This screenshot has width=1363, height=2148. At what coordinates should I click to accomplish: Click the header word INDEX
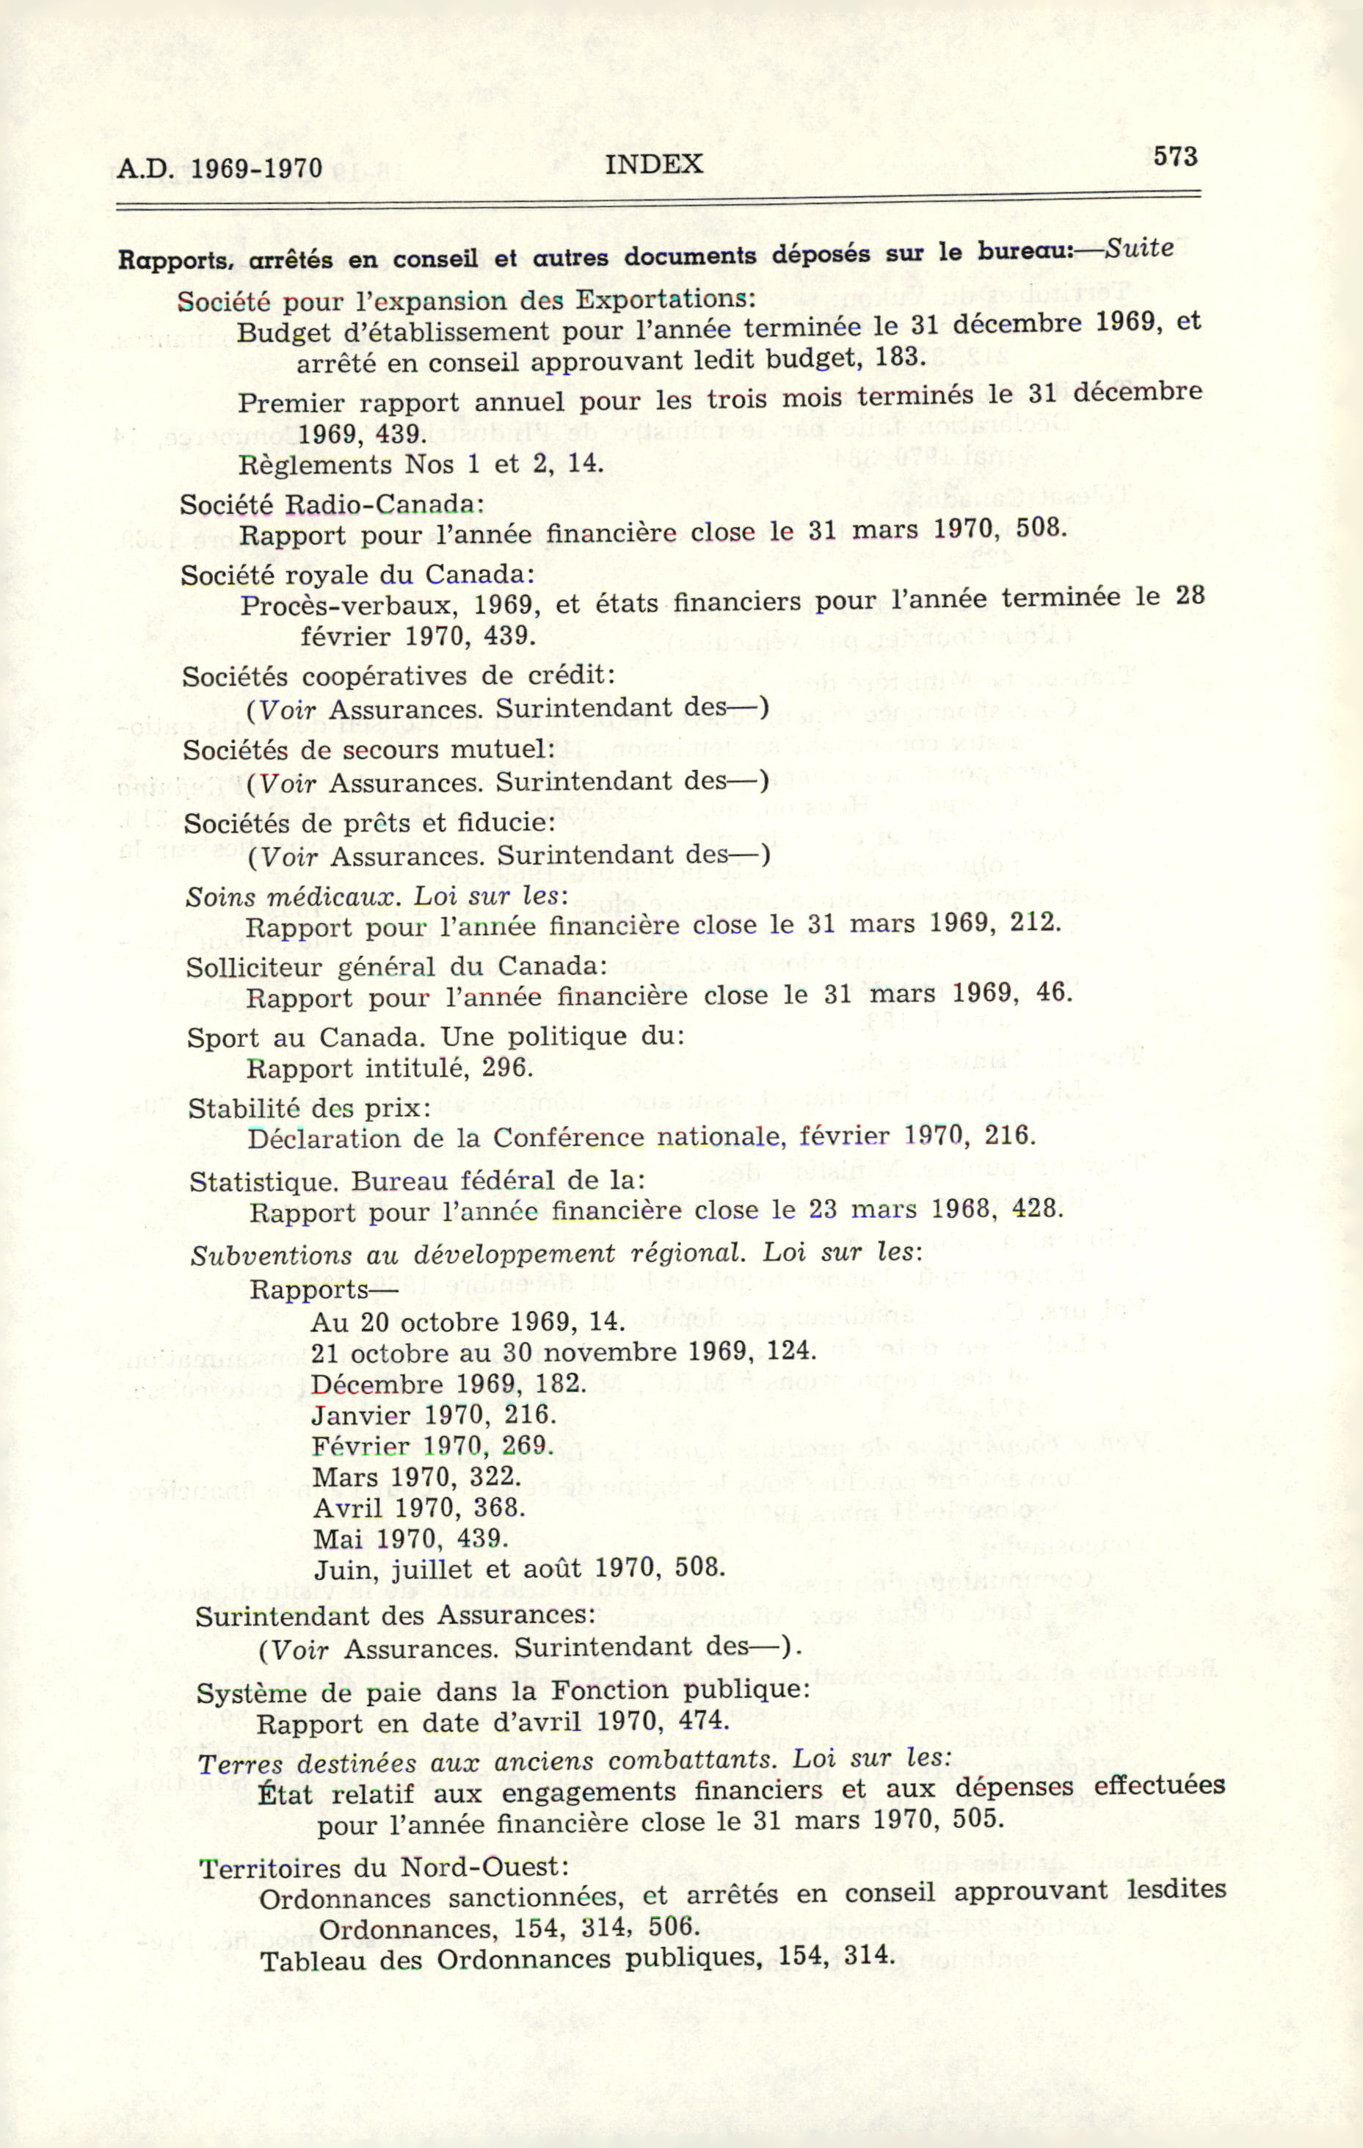pyautogui.click(x=654, y=164)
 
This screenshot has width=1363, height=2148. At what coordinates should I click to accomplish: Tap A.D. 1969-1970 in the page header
pyautogui.click(x=219, y=169)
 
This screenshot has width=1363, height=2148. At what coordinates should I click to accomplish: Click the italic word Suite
pyautogui.click(x=1139, y=249)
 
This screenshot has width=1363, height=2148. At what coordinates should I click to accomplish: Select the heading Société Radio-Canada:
pyautogui.click(x=332, y=505)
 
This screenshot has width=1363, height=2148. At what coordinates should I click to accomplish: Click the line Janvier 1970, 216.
pyautogui.click(x=434, y=1415)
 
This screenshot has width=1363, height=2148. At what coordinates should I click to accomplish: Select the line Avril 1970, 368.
pyautogui.click(x=418, y=1508)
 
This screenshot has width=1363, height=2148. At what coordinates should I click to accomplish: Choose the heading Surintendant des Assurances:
pyautogui.click(x=395, y=1616)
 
